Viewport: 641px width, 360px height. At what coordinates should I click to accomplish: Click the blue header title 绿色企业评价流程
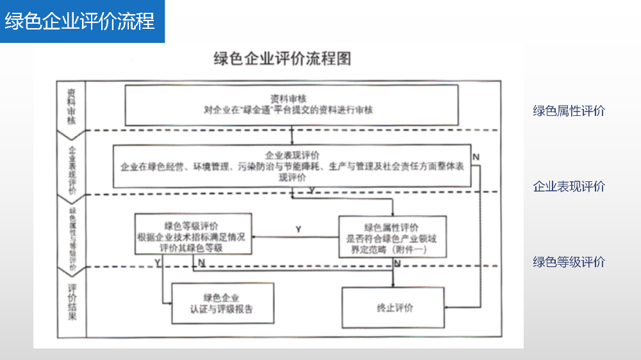click(x=79, y=21)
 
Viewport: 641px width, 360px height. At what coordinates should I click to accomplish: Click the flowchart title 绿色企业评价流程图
click(x=282, y=59)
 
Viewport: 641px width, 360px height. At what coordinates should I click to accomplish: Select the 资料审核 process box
click(x=292, y=104)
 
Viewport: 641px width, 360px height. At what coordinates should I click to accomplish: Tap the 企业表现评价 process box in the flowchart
click(x=292, y=166)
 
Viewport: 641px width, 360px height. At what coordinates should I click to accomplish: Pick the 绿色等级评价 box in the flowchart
click(x=192, y=236)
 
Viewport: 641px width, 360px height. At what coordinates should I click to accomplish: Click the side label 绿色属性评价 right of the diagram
click(x=569, y=111)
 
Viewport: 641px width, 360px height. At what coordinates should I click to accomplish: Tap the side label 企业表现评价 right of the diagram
click(x=569, y=186)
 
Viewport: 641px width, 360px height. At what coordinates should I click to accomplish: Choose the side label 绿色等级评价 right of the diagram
click(x=569, y=261)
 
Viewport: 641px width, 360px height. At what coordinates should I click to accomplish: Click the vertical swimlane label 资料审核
click(x=71, y=105)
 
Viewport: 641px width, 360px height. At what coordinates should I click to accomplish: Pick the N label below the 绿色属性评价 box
click(x=397, y=263)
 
